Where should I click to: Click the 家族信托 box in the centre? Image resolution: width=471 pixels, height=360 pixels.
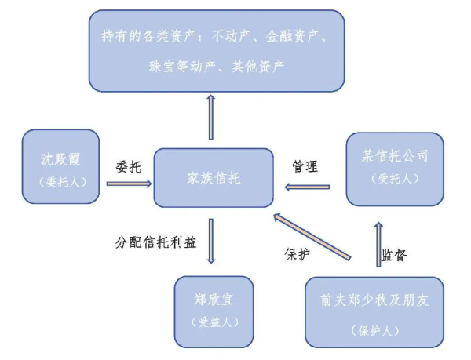pos(214,179)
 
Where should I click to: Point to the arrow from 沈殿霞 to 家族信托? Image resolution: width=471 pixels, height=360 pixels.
pos(128,184)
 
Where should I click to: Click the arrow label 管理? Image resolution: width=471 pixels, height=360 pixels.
pos(305,166)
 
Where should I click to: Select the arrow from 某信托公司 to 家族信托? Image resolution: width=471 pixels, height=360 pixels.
pos(307,187)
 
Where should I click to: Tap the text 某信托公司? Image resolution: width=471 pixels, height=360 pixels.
pos(395,156)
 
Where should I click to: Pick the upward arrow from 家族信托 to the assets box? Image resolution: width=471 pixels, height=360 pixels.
pos(210,118)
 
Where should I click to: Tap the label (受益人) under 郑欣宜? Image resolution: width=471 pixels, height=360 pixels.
pos(214,322)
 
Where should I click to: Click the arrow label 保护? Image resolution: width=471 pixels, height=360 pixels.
pos(297,253)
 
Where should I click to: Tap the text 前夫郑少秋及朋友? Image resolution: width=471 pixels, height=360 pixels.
pos(372,300)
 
